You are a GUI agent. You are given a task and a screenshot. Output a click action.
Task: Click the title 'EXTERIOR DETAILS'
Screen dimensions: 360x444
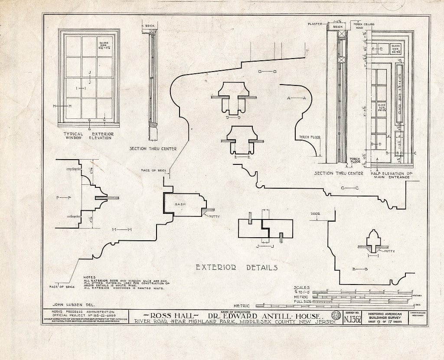tap(236, 268)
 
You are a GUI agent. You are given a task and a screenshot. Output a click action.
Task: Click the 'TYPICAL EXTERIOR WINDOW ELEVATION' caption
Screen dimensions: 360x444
tap(88, 136)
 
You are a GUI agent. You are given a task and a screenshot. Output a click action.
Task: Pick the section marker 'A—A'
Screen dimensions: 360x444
tap(297, 98)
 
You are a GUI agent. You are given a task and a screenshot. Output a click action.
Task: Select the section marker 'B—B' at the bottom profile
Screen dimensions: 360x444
tap(360, 269)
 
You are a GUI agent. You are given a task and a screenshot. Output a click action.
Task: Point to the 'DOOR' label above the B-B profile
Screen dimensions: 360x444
tap(315, 214)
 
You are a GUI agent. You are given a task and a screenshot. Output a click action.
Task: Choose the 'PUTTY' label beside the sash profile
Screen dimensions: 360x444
tap(215, 216)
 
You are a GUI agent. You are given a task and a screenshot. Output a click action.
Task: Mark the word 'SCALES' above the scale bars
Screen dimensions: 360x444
tap(301, 287)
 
